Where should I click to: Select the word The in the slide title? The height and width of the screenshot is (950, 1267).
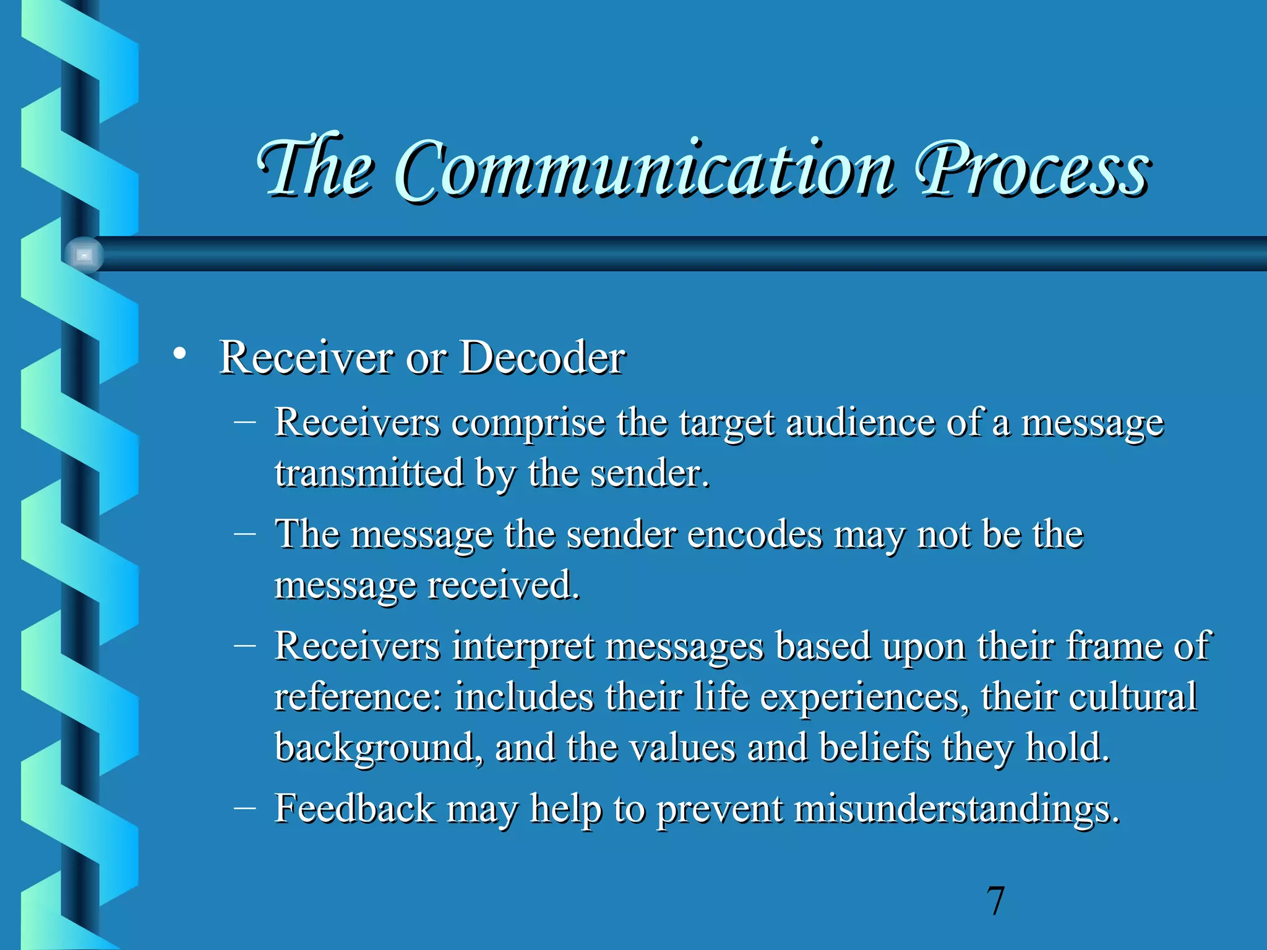[x=316, y=167]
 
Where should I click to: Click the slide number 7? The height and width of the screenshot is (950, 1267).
[x=995, y=901]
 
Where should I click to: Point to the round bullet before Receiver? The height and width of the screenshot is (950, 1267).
[x=179, y=354]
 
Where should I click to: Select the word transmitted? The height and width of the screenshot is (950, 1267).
[x=369, y=474]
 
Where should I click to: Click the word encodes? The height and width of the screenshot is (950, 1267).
[x=755, y=534]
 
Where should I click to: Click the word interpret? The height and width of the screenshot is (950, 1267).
[x=523, y=647]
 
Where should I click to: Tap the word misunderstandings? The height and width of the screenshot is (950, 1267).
[x=956, y=809]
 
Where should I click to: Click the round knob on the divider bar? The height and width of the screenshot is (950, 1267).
[x=84, y=254]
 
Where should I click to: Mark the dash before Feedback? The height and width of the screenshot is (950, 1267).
[x=245, y=807]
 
